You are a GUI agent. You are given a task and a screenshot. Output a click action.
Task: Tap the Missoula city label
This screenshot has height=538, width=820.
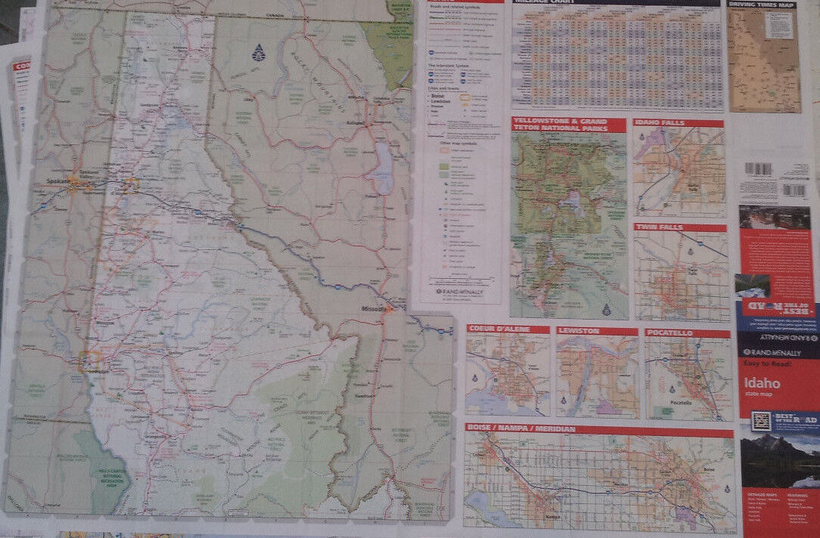[x=373, y=309]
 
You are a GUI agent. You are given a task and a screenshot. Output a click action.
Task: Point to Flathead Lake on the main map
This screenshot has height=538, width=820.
[x=384, y=169]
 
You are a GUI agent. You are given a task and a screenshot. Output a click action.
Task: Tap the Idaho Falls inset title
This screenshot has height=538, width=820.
[x=668, y=123]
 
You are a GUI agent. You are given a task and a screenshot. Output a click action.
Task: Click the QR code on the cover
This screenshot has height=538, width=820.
[x=760, y=421]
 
